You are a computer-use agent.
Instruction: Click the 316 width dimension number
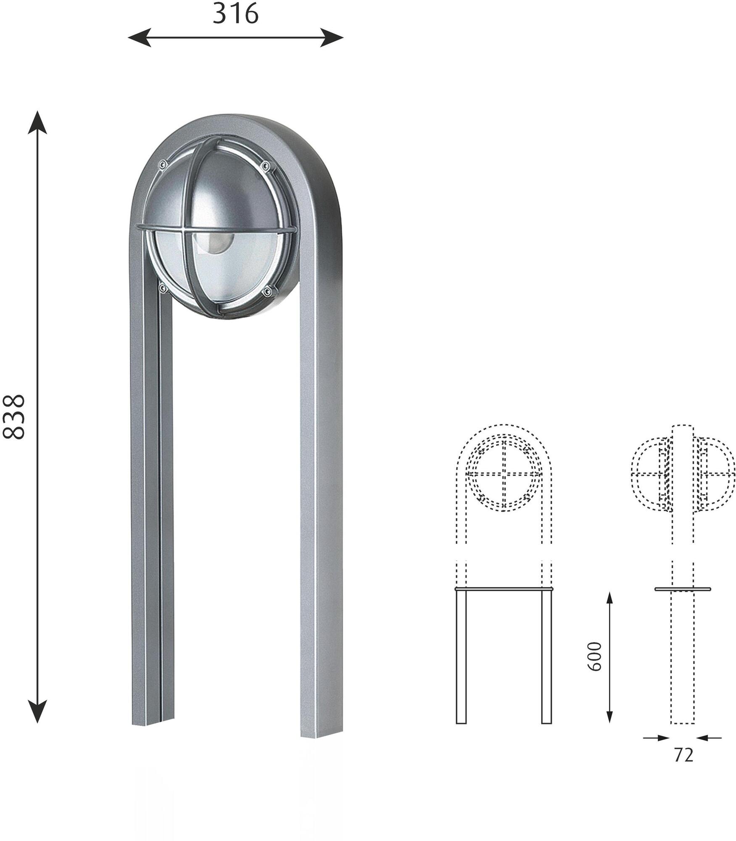click(235, 13)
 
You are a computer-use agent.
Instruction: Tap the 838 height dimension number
click(14, 417)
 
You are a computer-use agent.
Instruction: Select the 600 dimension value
click(594, 656)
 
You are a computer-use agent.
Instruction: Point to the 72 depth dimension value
click(683, 755)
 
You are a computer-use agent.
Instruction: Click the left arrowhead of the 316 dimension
click(139, 38)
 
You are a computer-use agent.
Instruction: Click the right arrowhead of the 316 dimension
click(332, 38)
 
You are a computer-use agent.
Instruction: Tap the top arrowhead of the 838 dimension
click(37, 122)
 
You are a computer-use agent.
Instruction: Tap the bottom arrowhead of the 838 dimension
click(37, 711)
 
